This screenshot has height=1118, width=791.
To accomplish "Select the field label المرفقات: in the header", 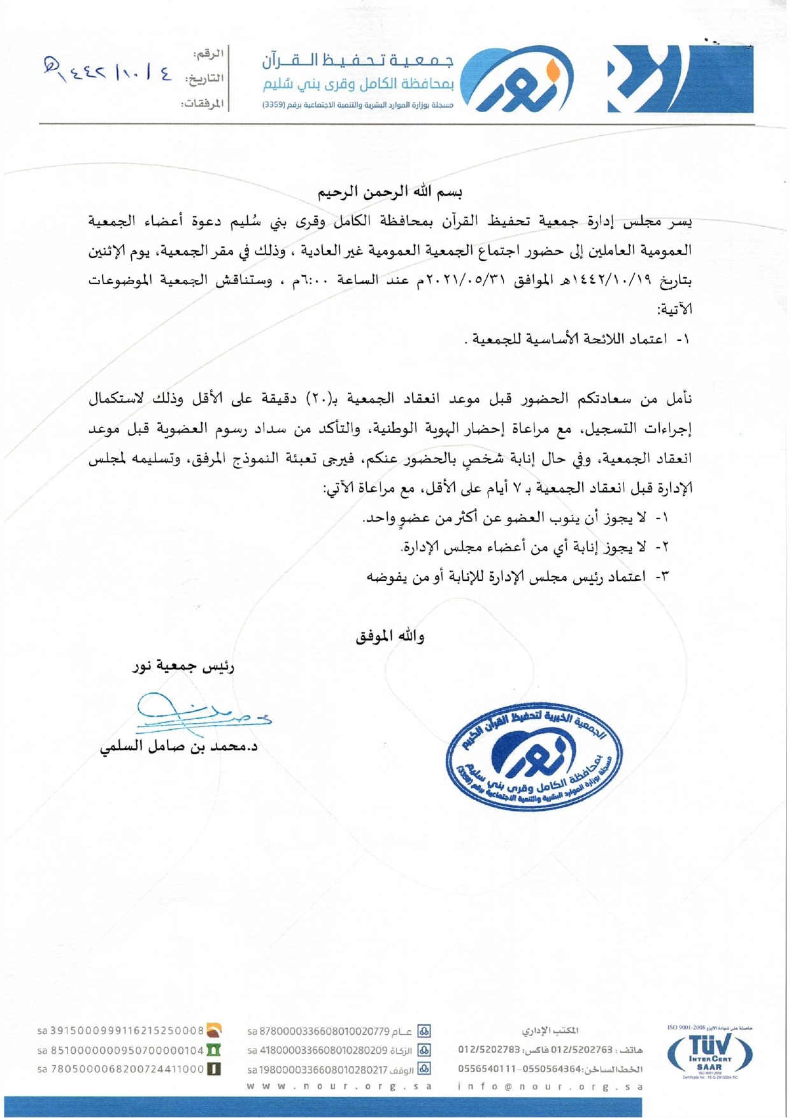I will [x=202, y=103].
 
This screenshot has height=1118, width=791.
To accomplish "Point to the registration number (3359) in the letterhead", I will [x=274, y=104].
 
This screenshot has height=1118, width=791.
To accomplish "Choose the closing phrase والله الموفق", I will [x=390, y=636].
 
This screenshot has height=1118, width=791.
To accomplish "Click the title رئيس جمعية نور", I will [x=183, y=667].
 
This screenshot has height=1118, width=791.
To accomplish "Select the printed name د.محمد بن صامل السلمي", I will [x=179, y=747].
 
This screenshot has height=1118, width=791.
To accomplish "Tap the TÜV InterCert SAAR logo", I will [x=709, y=1054].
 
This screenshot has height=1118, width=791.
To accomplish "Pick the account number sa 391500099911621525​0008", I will [x=121, y=1031].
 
